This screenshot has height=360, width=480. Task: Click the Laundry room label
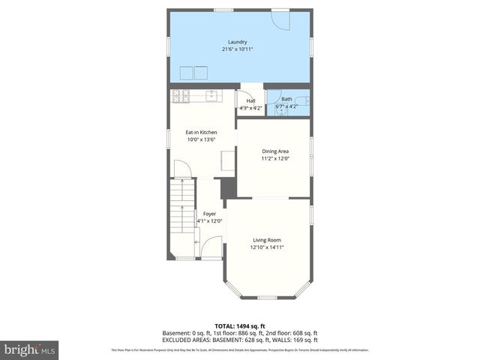[x=237, y=41]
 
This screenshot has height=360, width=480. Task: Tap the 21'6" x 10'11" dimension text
[x=237, y=49]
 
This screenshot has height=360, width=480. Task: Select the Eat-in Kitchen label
[x=201, y=132]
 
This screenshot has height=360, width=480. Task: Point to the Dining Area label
[x=275, y=151]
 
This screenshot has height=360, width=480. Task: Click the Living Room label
[x=267, y=240]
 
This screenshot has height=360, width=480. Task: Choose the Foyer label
[x=209, y=214]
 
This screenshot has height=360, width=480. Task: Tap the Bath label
[x=286, y=99]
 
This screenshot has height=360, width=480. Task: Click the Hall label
[x=250, y=101]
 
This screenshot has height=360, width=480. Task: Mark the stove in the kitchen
[x=180, y=95]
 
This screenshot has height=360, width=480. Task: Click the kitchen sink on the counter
[x=212, y=95]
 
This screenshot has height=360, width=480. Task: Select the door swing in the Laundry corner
[x=279, y=20]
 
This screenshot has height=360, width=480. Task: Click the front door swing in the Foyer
[x=212, y=247]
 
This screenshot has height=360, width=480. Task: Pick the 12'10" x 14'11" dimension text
[x=267, y=247]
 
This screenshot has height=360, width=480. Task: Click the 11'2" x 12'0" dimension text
[x=275, y=158]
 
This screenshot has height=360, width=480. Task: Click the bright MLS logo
[x=30, y=349]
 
